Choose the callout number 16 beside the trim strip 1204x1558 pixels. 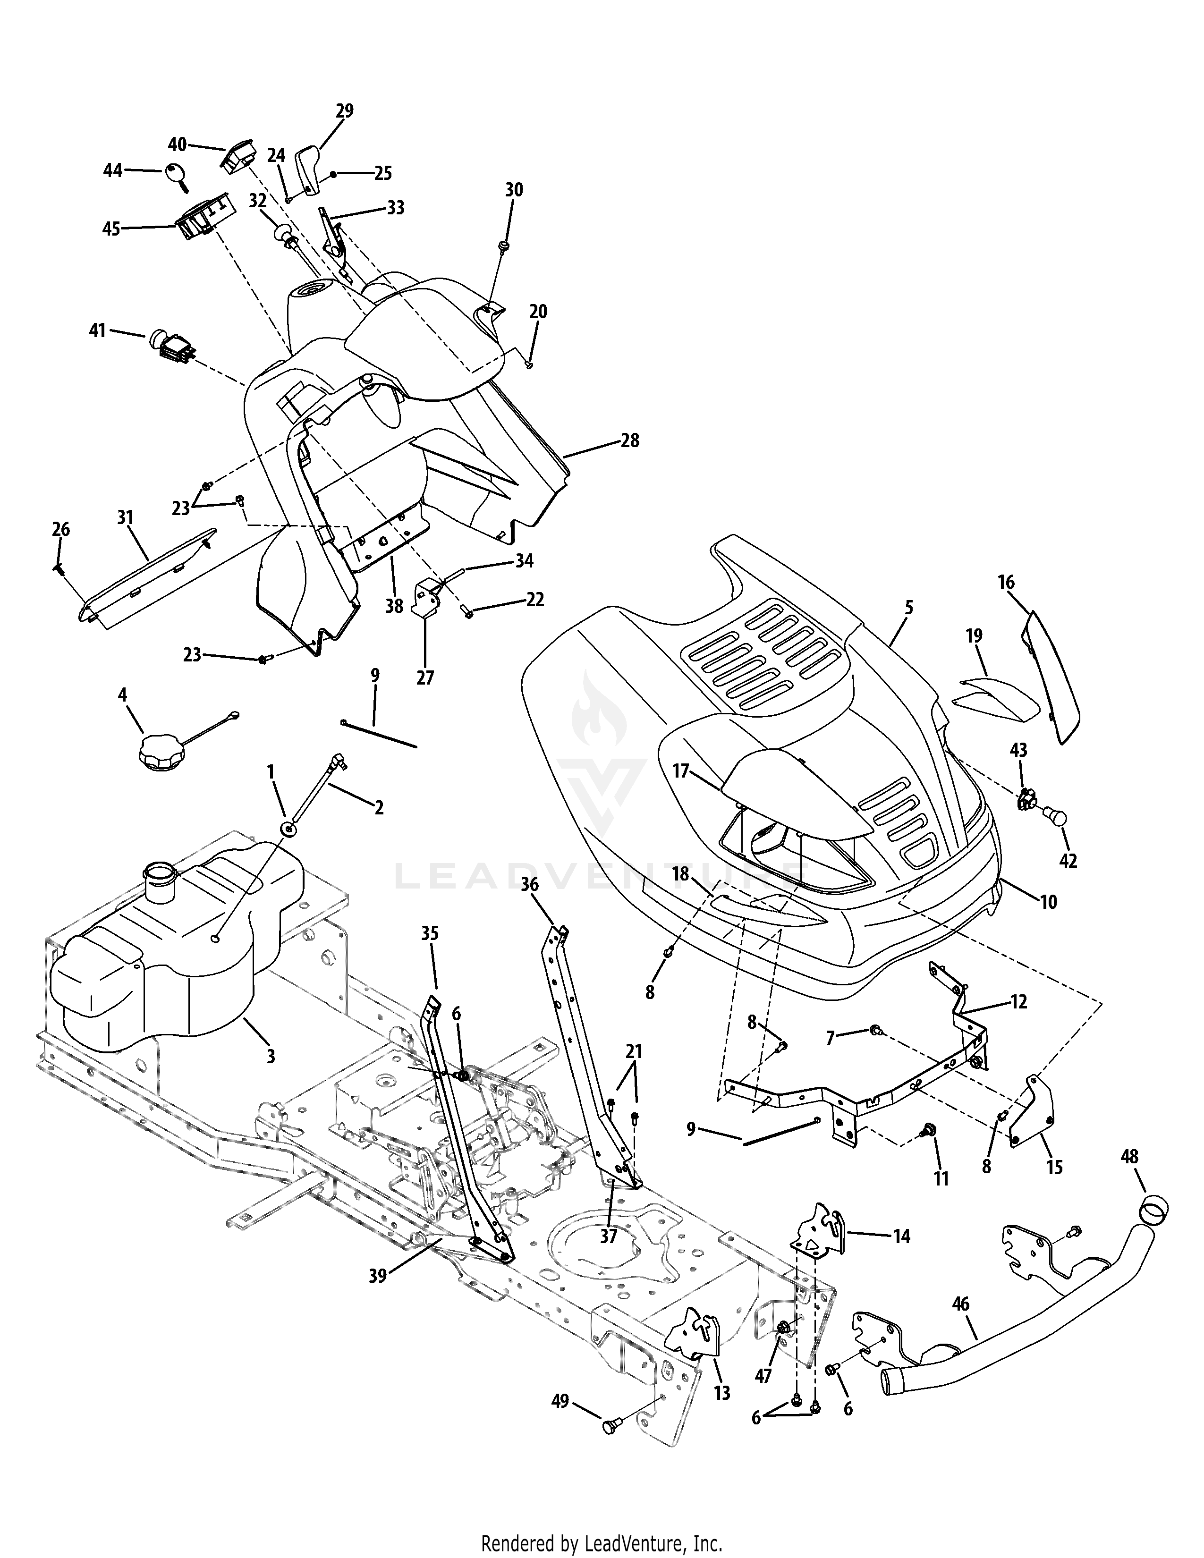coord(1006,582)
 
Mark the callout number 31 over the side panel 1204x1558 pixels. coord(126,517)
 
